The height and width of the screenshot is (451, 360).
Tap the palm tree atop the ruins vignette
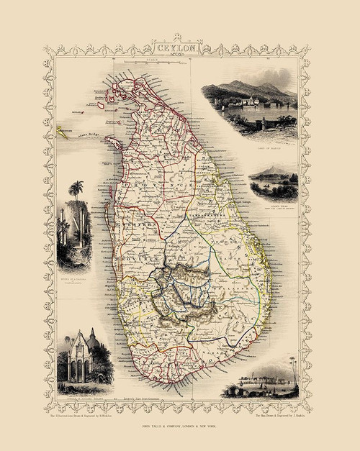point(76,191)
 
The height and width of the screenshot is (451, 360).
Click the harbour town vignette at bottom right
point(260,378)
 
